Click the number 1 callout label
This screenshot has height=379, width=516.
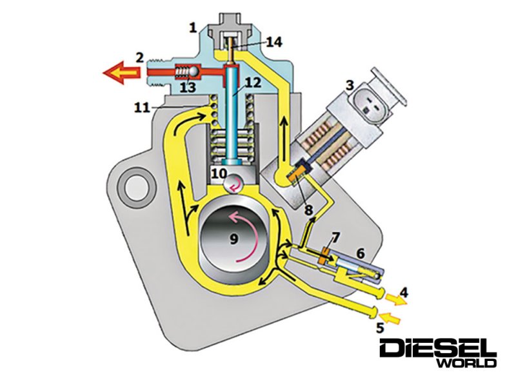(x=192, y=28)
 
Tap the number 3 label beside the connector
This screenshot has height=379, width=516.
(x=350, y=84)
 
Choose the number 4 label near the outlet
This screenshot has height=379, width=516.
(x=403, y=293)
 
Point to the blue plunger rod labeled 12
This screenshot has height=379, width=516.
(x=230, y=122)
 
